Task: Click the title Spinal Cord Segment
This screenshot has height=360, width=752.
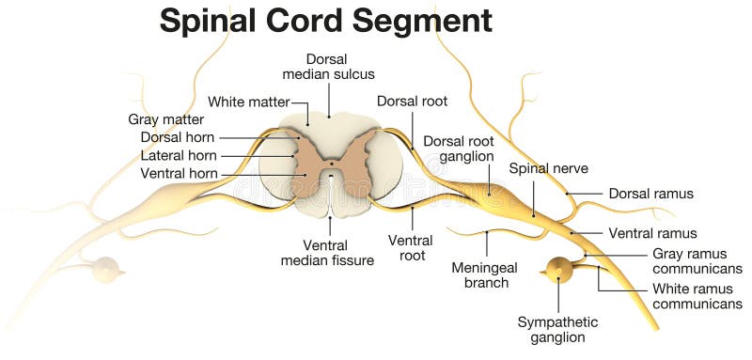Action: [325, 21]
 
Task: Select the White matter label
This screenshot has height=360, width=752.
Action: [248, 102]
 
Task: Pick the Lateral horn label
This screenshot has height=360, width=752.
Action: [179, 155]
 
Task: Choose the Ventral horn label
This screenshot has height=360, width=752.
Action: [179, 173]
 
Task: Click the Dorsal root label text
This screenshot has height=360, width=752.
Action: [412, 101]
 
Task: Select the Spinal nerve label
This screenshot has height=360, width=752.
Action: [548, 168]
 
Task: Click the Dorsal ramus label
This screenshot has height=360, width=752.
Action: [650, 194]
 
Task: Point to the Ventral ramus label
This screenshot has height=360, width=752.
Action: [652, 233]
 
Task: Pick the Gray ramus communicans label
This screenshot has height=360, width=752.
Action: [697, 260]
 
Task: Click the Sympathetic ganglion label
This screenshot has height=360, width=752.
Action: [557, 329]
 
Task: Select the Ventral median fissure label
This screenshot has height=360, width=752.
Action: [328, 252]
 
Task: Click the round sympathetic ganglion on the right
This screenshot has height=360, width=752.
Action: [561, 271]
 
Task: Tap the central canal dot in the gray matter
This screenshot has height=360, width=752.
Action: [330, 173]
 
